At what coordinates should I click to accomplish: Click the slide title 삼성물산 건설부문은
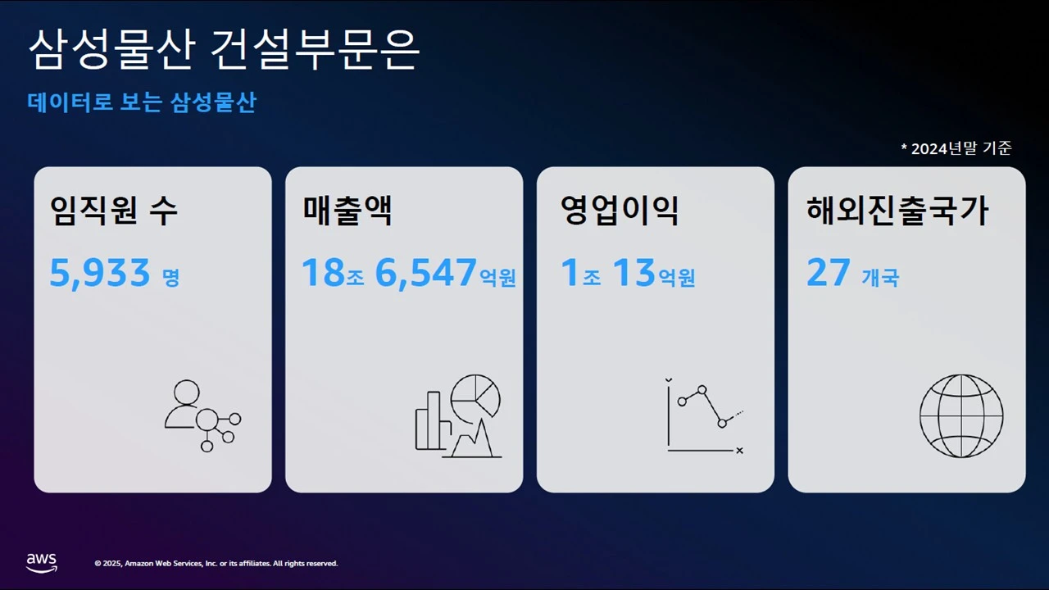pos(224,51)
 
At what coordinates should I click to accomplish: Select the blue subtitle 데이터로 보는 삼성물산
pos(142,103)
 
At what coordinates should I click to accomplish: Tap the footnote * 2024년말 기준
pos(956,148)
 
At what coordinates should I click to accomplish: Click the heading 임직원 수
pos(114,211)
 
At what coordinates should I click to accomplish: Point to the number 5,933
pos(100,273)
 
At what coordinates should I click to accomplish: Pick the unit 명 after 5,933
pos(170,278)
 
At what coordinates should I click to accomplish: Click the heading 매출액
pos(347,211)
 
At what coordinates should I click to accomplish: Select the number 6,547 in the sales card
pos(425,273)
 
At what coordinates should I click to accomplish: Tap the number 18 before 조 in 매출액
pos(323,273)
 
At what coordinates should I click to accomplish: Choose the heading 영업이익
pos(620,211)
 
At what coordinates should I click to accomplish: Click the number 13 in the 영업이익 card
pos(633,273)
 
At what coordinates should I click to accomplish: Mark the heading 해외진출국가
pos(897,211)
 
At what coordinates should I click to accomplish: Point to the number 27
pos(829,273)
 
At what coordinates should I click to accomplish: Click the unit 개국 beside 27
pos(880,278)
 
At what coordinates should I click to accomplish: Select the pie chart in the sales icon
pos(476,395)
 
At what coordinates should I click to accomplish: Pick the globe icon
pos(960,415)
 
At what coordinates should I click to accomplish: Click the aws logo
pos(41,562)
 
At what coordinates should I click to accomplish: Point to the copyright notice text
pos(216,564)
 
